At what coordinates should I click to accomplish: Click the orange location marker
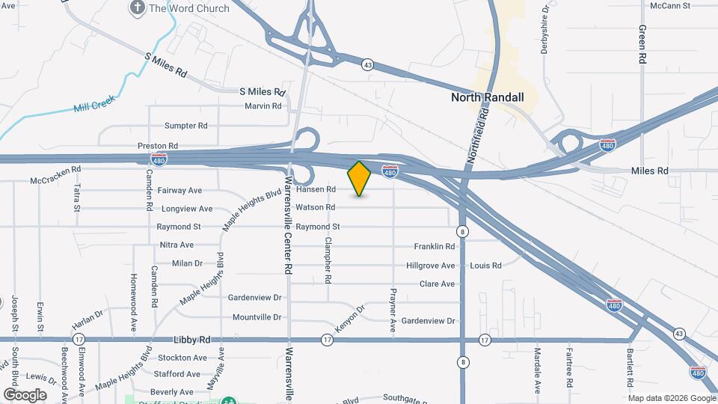click(359, 179)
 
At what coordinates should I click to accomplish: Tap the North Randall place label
click(487, 97)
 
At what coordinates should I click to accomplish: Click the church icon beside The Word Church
click(137, 8)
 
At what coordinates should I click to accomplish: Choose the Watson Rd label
click(315, 207)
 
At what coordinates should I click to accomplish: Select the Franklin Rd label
click(435, 246)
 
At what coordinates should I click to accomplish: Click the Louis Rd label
click(485, 266)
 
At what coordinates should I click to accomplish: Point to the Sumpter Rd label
click(185, 126)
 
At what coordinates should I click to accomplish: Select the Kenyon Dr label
click(350, 319)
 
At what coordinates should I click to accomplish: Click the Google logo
click(25, 394)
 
